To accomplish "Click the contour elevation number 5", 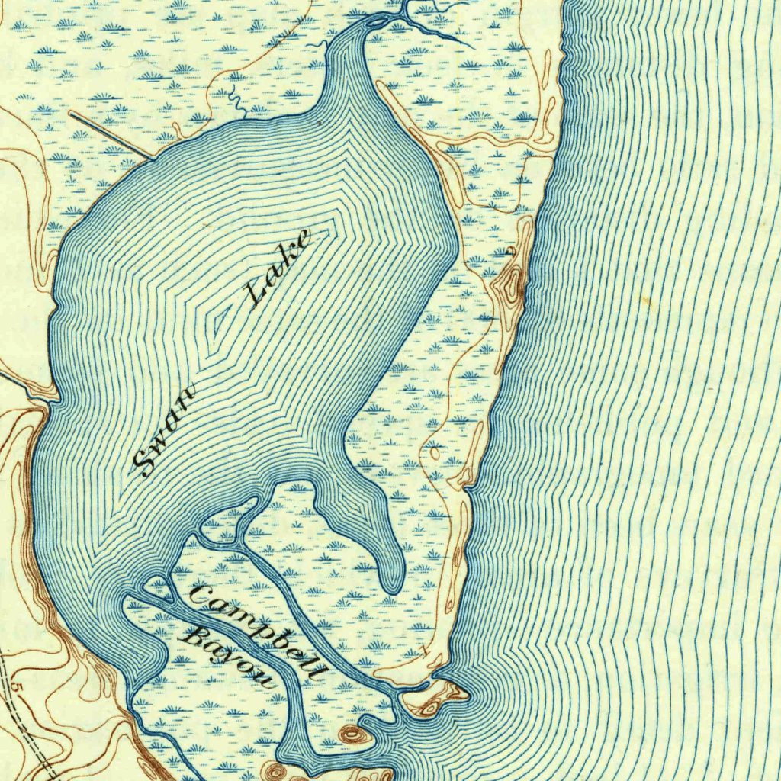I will point(18,689).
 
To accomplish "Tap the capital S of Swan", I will point(145,461).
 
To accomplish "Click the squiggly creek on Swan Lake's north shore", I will point(236,99).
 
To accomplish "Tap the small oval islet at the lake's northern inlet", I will point(375,22).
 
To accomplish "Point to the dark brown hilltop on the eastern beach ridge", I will point(509,286).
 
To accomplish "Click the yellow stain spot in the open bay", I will point(648,301).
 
